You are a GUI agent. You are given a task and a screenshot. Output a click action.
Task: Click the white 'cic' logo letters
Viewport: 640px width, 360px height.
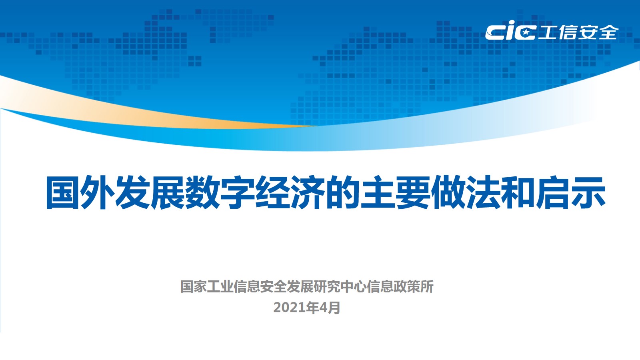(x=510, y=30)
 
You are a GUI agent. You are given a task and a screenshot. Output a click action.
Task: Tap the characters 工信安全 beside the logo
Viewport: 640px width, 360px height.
(x=578, y=32)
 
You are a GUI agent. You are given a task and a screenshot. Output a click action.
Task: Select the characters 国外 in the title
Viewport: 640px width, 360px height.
(x=80, y=192)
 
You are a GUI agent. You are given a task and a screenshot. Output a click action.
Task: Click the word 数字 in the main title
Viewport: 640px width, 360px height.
(x=220, y=192)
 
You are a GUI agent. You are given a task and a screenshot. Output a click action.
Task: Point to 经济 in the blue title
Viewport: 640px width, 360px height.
(x=290, y=192)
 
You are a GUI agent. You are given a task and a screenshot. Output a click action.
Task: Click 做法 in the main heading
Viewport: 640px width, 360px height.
(x=466, y=192)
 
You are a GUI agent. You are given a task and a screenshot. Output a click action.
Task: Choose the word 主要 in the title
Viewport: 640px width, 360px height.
(x=396, y=192)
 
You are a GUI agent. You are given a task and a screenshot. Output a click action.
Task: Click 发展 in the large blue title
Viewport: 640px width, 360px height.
(x=150, y=192)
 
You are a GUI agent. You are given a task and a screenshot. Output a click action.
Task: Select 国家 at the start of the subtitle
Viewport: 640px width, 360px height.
(x=194, y=286)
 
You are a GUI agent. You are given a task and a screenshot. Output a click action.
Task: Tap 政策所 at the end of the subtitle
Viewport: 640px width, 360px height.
(x=414, y=286)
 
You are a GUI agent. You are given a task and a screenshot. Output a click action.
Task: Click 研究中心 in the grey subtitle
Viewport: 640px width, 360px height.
(x=340, y=286)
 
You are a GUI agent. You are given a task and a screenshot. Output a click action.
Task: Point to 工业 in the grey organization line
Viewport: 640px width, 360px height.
(x=220, y=286)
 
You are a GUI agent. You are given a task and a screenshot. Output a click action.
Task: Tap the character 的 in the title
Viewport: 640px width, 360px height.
(x=343, y=192)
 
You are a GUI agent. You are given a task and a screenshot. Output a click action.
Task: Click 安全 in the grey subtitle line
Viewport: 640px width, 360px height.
(x=274, y=286)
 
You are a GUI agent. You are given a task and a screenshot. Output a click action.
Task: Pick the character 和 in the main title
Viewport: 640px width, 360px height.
(x=518, y=192)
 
